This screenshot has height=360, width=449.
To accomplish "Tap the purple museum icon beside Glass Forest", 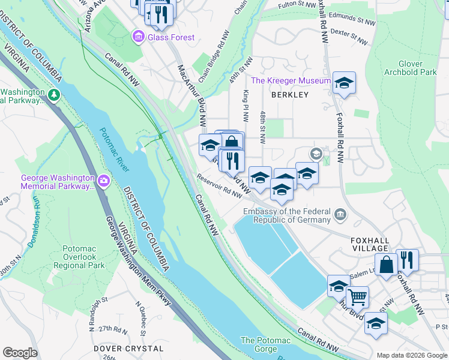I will (139, 37).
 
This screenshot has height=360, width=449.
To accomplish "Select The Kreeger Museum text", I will (291, 80).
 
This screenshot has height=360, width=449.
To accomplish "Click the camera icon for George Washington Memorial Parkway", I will (104, 180).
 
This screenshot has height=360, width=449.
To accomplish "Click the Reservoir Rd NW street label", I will (218, 185).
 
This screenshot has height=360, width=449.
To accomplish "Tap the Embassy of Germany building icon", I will (340, 214).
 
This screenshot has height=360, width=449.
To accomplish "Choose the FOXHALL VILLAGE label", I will (370, 244).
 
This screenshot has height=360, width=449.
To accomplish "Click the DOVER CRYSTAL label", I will (128, 348).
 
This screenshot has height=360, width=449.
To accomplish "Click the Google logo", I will (20, 353).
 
